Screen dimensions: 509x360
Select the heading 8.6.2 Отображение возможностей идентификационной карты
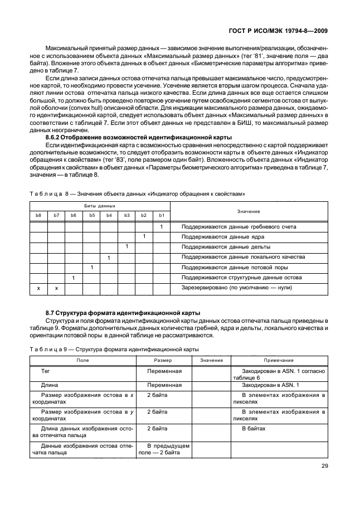(x=138, y=137)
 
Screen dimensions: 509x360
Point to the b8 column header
(x=38, y=215)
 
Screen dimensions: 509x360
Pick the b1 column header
(x=161, y=215)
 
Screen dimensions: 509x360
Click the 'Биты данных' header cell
(x=99, y=206)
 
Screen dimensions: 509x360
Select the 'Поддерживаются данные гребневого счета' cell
(x=239, y=227)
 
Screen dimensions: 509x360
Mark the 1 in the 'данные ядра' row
(x=144, y=237)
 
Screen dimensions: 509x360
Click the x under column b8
(x=38, y=288)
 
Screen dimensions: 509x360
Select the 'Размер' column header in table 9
(x=164, y=361)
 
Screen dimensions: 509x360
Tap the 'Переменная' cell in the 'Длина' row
(x=164, y=385)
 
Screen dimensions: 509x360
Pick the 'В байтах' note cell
(x=254, y=429)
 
